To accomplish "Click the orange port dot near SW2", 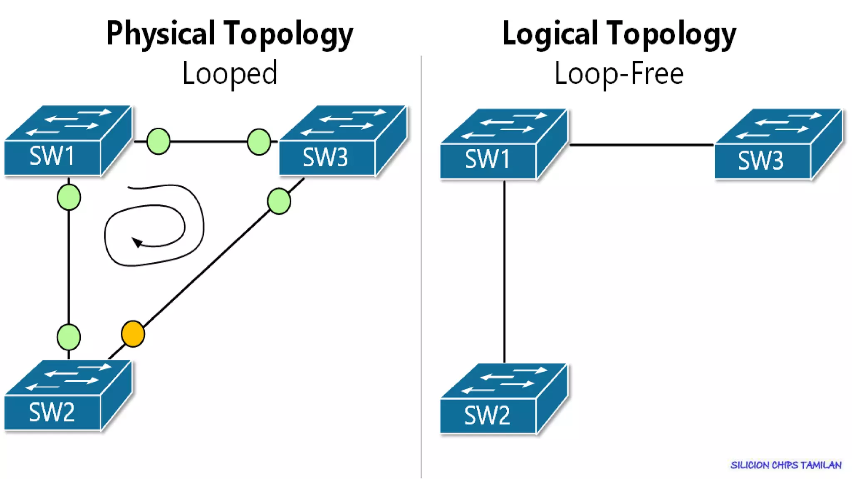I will pos(133,333).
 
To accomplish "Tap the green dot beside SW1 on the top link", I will pos(159,141).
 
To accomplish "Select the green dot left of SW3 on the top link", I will pos(259,142).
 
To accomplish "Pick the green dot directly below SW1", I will pos(69,197).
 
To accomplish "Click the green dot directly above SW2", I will pos(69,337).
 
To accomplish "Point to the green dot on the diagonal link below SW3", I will pos(279,201).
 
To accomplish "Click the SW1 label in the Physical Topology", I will pos(52,156).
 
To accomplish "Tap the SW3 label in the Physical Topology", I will pos(325,158).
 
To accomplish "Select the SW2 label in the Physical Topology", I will pos(52,412).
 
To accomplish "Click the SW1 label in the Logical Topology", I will pos(487,159).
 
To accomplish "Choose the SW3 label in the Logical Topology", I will pos(760,160).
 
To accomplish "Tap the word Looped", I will pos(230,73).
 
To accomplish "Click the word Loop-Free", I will pos(619,73).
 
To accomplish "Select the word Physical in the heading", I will pos(161,33).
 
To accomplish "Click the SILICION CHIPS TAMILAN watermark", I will pos(786,465).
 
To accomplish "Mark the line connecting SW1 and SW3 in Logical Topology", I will pos(641,145).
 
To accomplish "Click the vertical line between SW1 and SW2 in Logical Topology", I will pos(505,270).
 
